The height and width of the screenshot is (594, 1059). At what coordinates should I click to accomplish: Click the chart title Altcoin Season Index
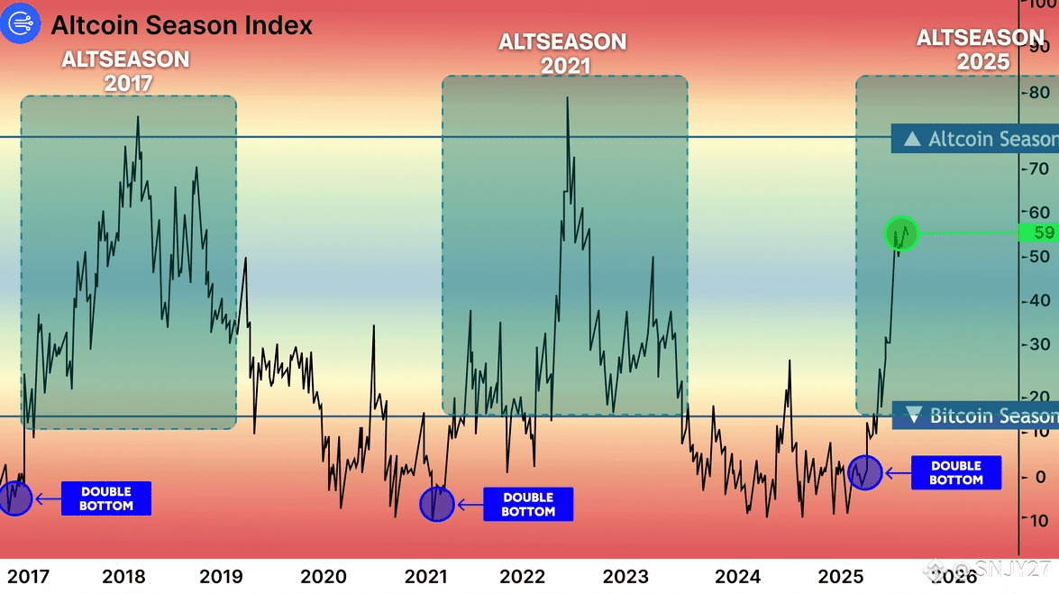[x=181, y=25]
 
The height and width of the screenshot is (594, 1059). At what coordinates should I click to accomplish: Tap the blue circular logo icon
[x=21, y=24]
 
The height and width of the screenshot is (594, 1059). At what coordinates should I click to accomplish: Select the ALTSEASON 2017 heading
[x=125, y=71]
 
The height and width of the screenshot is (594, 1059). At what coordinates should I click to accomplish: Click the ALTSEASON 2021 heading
[x=563, y=53]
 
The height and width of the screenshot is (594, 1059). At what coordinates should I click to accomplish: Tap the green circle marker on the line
[x=900, y=233]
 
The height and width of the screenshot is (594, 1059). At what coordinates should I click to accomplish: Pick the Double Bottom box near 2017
[x=106, y=498]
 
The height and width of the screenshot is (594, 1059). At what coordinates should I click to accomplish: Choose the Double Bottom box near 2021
[x=527, y=504]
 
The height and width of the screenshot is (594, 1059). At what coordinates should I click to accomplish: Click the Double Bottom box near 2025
[x=956, y=472]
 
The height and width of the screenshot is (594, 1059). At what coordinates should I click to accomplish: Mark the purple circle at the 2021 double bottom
[x=437, y=504]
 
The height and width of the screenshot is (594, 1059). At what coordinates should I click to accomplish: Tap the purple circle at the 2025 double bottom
[x=864, y=471]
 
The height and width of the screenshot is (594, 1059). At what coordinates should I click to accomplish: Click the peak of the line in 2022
[x=567, y=97]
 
